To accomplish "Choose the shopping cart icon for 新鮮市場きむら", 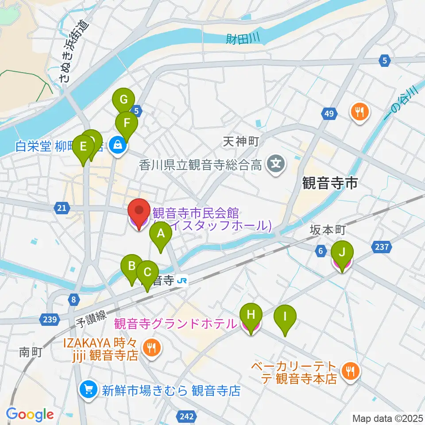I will [88, 390].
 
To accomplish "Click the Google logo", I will [30, 414].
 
